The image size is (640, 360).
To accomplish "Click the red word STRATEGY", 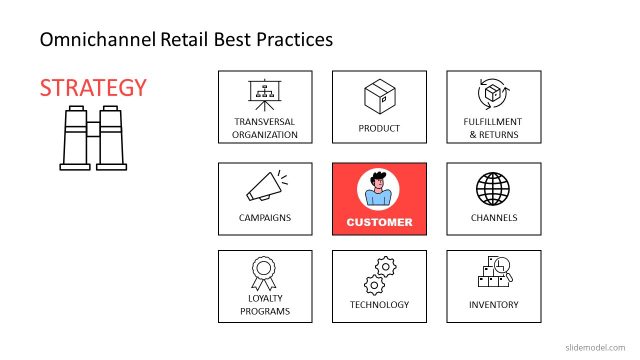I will [93, 88].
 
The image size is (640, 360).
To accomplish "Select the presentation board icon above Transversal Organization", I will [265, 95].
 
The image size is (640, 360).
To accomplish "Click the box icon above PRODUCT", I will [379, 97].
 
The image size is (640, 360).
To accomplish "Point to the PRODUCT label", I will [379, 128].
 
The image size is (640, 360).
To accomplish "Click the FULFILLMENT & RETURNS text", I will [493, 128].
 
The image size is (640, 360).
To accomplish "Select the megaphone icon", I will [265, 186].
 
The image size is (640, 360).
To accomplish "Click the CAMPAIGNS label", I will [265, 217].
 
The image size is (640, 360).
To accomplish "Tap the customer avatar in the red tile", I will [379, 188].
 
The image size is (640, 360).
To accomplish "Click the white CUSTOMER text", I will [379, 222].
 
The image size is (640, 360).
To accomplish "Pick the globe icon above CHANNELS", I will [493, 188].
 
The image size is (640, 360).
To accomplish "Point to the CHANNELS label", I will [493, 217].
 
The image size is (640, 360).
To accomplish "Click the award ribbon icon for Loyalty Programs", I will [265, 272].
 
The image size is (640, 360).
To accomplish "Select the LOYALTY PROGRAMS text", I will [265, 305].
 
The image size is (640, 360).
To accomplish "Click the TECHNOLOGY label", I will [379, 305].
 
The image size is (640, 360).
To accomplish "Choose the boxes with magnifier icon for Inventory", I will [493, 273].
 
